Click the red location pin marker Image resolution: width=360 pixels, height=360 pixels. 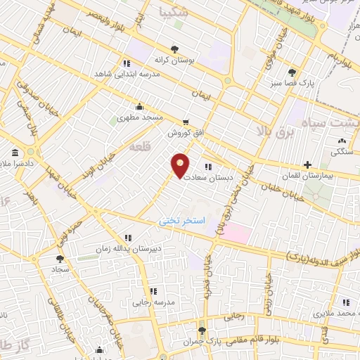[181, 165]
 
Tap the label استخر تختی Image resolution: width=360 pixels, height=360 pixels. [181, 220]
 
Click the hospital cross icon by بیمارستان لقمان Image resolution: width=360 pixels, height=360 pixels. [307, 164]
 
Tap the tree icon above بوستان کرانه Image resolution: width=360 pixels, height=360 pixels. [174, 49]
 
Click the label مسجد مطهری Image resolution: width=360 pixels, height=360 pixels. [139, 118]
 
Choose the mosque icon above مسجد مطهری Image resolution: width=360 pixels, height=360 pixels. [139, 107]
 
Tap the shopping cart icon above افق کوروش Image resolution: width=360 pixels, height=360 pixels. [186, 121]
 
